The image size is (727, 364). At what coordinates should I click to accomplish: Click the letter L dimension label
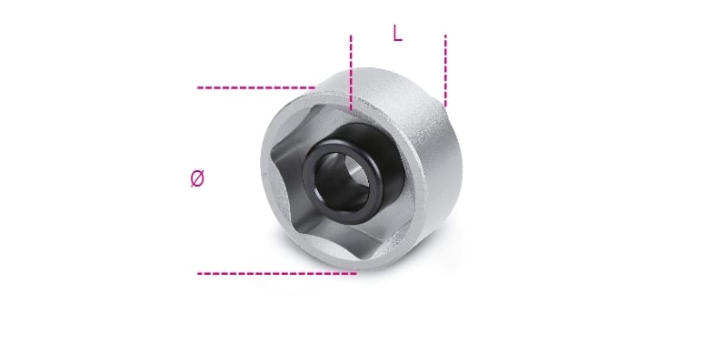[x=397, y=33]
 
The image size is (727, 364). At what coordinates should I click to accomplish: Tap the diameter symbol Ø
[x=197, y=178]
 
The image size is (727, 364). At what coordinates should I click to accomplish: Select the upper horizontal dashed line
[x=256, y=87]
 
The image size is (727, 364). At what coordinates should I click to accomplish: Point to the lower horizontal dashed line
[x=277, y=274]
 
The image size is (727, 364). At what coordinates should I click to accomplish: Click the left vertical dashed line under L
[x=351, y=73]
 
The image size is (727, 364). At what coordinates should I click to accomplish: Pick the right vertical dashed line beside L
[x=445, y=71]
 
